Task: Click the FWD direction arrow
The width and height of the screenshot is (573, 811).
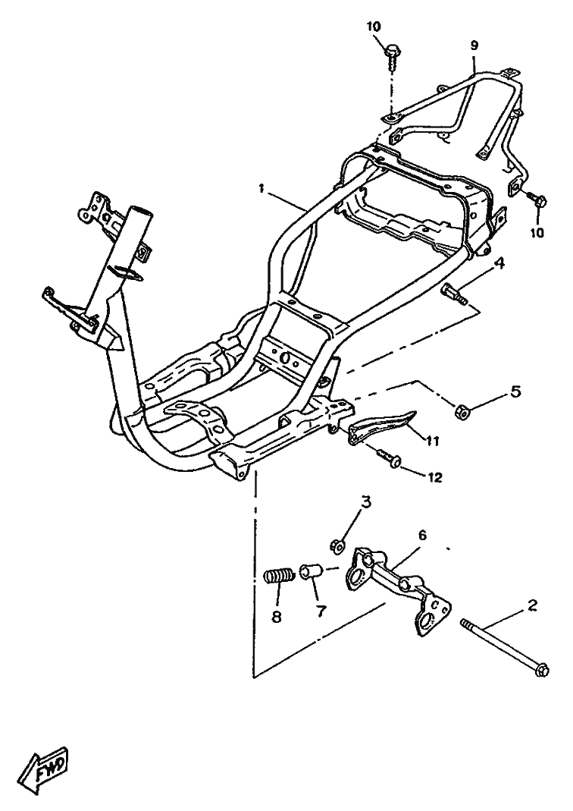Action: pyautogui.click(x=49, y=769)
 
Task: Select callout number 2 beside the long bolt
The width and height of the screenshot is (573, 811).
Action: pyautogui.click(x=533, y=606)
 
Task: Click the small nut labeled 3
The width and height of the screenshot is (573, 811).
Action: pyautogui.click(x=336, y=544)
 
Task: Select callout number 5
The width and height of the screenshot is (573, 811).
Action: pyautogui.click(x=515, y=391)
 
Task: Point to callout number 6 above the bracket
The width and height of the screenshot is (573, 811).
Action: pyautogui.click(x=422, y=536)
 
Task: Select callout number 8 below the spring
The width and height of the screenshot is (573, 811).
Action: pyautogui.click(x=277, y=617)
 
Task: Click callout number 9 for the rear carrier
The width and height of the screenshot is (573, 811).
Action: pyautogui.click(x=474, y=45)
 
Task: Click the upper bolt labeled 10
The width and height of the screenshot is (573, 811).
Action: pyautogui.click(x=392, y=58)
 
